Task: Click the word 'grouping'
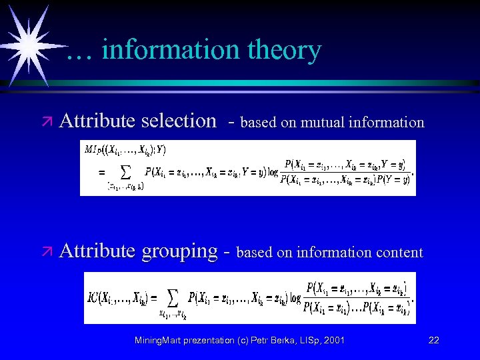pyautogui.click(x=179, y=251)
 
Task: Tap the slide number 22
pyautogui.click(x=433, y=340)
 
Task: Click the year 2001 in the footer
pyautogui.click(x=333, y=340)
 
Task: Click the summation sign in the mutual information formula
pyautogui.click(x=123, y=171)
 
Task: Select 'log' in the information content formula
pyautogui.click(x=295, y=297)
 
